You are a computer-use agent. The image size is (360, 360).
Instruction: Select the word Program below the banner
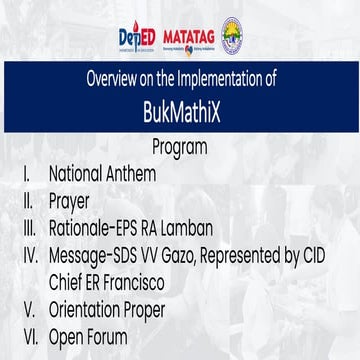coord(180,148)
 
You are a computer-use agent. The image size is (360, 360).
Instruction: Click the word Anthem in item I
coord(129,171)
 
